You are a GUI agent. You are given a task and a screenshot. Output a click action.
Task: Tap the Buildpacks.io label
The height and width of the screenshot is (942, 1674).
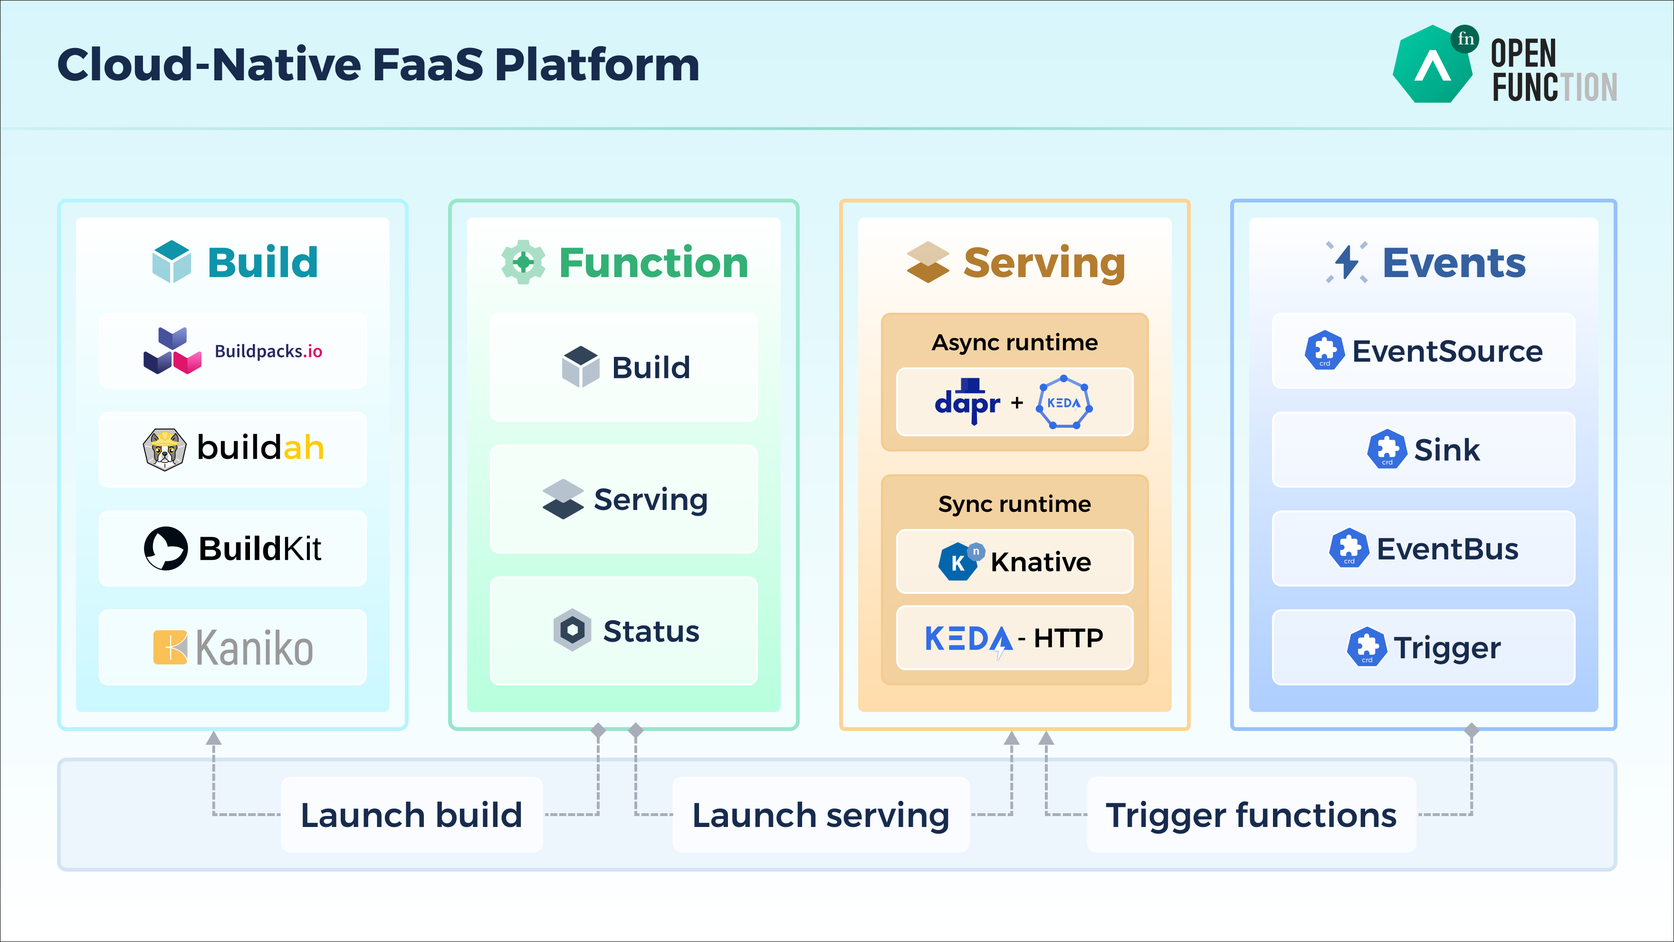(x=268, y=352)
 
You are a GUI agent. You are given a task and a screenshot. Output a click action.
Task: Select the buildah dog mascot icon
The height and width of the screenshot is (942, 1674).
(x=164, y=449)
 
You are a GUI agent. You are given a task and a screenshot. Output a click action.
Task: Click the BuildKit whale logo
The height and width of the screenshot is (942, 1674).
(x=166, y=548)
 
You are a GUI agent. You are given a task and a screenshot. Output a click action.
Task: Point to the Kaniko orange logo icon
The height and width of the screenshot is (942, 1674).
(x=170, y=647)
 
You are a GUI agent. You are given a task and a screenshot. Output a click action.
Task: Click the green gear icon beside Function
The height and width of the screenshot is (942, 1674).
(x=523, y=262)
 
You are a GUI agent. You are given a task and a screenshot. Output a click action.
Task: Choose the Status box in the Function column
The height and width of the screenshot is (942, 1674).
(x=624, y=631)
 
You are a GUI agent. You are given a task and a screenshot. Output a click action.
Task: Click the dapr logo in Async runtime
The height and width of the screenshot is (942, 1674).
(x=967, y=401)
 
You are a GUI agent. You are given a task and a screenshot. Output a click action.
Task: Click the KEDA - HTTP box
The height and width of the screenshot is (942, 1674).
(x=1014, y=638)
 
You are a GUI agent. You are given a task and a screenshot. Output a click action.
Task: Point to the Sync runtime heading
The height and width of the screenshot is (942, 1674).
(x=1014, y=504)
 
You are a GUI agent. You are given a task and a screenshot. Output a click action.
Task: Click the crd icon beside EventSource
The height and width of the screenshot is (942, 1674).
(x=1324, y=350)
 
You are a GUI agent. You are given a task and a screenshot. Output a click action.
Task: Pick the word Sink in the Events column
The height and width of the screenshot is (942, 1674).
(x=1446, y=450)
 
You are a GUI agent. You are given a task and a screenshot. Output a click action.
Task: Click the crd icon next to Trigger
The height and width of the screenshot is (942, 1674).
(x=1367, y=647)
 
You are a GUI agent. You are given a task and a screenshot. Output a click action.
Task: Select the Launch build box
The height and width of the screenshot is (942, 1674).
(x=411, y=815)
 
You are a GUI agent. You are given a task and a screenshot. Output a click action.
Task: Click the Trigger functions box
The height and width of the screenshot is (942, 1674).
(x=1251, y=815)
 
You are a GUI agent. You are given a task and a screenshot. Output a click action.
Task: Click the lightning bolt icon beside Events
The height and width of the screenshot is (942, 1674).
(x=1347, y=262)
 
